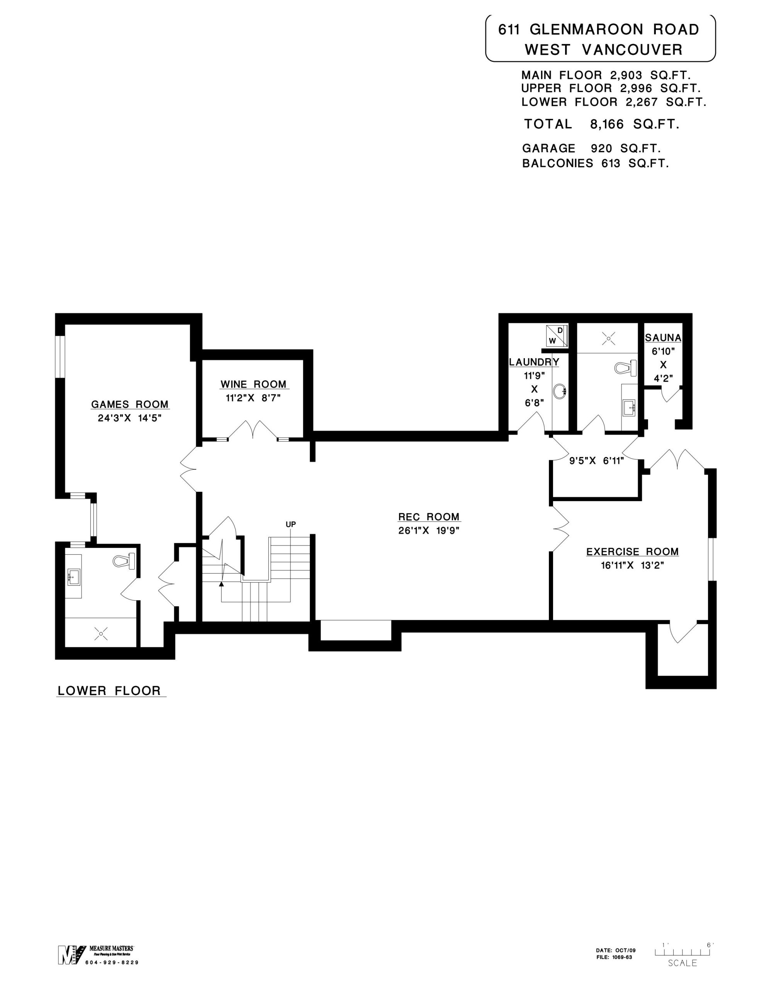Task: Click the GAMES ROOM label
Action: (x=130, y=404)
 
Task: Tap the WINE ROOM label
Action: (x=254, y=384)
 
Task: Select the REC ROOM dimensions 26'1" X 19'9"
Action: (x=429, y=531)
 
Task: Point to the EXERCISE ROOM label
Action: (x=632, y=552)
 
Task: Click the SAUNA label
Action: (x=663, y=337)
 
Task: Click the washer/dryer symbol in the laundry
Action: (x=557, y=336)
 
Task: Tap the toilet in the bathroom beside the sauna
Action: (x=625, y=367)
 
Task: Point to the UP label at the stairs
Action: (x=290, y=524)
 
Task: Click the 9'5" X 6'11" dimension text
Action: (x=596, y=461)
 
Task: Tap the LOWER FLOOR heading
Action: (x=109, y=691)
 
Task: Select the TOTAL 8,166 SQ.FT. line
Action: (x=601, y=124)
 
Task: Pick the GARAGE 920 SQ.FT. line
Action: (x=591, y=148)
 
